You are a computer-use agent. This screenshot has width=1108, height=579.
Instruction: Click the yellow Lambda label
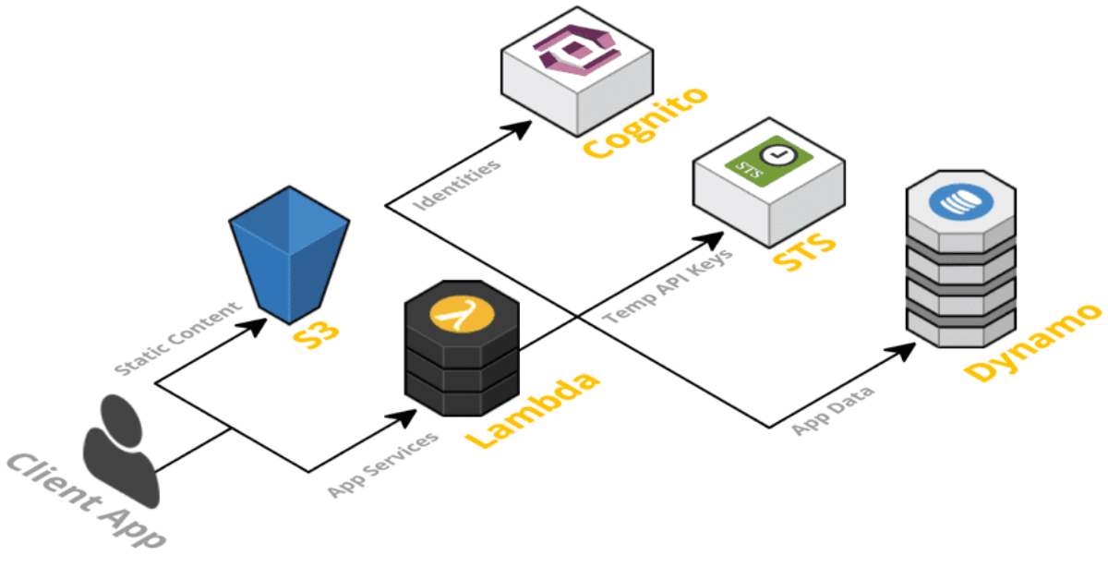point(532,411)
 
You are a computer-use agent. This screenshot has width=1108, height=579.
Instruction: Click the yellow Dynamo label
point(1033,341)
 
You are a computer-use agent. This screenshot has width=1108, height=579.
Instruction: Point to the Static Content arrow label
point(177,338)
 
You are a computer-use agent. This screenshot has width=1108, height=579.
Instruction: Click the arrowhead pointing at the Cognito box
point(523,127)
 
